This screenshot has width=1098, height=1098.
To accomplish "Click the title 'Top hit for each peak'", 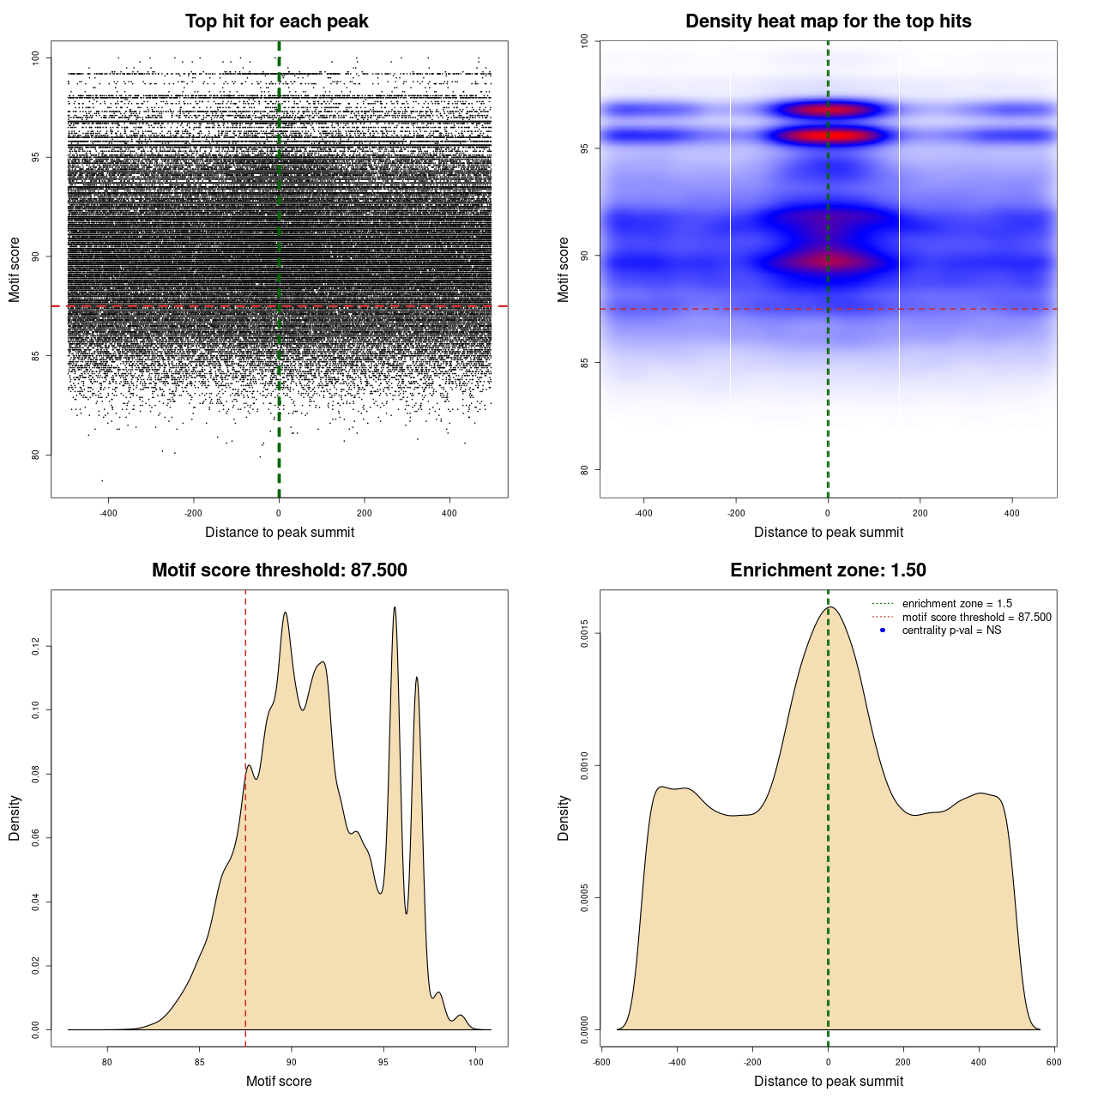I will click(276, 21).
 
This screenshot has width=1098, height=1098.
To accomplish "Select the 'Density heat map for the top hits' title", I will click(828, 21).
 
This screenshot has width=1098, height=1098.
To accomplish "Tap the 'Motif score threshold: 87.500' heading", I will click(279, 570).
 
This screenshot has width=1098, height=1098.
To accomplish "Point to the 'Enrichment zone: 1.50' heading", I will click(828, 570).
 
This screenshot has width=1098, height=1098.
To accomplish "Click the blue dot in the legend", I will click(883, 630).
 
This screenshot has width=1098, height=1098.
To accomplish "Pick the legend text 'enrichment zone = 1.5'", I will click(956, 604).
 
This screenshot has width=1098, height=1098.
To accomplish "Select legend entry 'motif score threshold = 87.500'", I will click(976, 618).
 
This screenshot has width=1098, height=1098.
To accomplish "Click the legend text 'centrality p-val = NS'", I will click(951, 630).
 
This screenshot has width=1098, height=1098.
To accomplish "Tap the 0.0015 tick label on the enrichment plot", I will click(584, 634).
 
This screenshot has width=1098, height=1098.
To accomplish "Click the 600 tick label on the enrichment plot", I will click(1054, 1062).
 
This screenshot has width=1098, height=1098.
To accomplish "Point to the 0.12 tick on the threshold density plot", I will click(35, 646).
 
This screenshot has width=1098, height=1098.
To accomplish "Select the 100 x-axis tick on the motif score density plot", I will click(475, 1062).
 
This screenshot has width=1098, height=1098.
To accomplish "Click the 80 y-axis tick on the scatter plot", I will click(35, 455).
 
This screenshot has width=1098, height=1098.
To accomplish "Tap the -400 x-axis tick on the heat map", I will click(643, 513).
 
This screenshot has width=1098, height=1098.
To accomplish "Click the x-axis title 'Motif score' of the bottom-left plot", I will click(279, 1081).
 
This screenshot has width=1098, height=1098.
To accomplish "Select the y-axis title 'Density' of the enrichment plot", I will click(564, 817).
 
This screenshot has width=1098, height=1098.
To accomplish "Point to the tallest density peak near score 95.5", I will click(395, 608).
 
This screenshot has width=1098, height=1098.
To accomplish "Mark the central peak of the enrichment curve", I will click(830, 607).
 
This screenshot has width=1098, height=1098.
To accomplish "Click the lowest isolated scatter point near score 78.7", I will click(102, 480).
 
